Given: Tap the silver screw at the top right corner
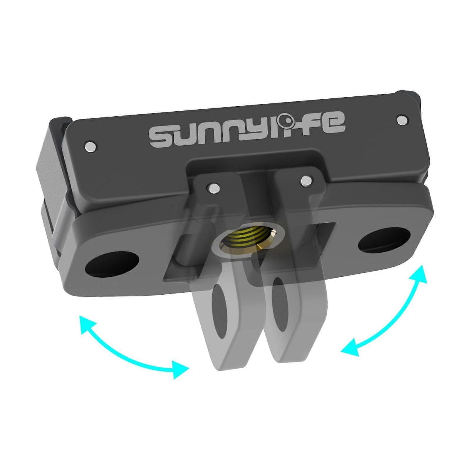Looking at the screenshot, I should tap(402, 120).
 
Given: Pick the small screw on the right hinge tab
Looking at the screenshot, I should tap(306, 181).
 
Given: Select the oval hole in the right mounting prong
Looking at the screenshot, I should tap(280, 305).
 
